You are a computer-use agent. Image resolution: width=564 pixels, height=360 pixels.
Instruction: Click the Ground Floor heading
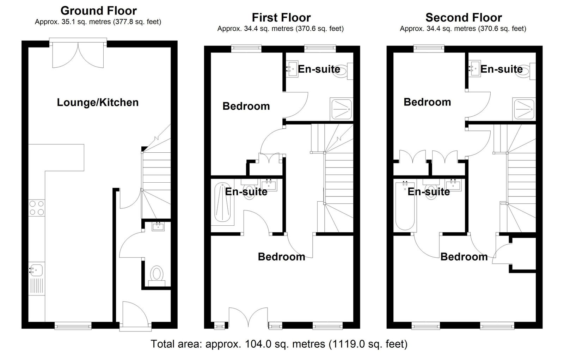pos(98,11)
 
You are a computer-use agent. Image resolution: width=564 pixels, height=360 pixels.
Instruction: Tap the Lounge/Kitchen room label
pos(98,102)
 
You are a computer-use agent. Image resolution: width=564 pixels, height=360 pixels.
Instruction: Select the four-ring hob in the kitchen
pos(37,208)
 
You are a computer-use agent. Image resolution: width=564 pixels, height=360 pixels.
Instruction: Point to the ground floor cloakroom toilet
pos(157,276)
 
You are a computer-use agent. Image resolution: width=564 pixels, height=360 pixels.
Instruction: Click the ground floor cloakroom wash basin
pos(158,226)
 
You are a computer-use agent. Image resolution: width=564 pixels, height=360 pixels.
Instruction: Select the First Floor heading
pos(281,18)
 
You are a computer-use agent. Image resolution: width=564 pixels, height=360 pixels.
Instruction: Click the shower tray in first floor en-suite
pos(342,109)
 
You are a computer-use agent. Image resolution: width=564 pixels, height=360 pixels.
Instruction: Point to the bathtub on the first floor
pos(222,203)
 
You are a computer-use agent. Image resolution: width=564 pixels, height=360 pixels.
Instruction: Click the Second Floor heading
pos(464,18)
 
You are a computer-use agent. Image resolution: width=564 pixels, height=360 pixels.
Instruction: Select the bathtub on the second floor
pos(405,206)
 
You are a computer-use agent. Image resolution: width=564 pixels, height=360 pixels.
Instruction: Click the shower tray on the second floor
pos(524,109)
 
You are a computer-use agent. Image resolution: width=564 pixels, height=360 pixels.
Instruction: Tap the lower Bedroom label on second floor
pos(464,257)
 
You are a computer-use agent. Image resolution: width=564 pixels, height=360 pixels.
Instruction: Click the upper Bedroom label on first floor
pos(246,106)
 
